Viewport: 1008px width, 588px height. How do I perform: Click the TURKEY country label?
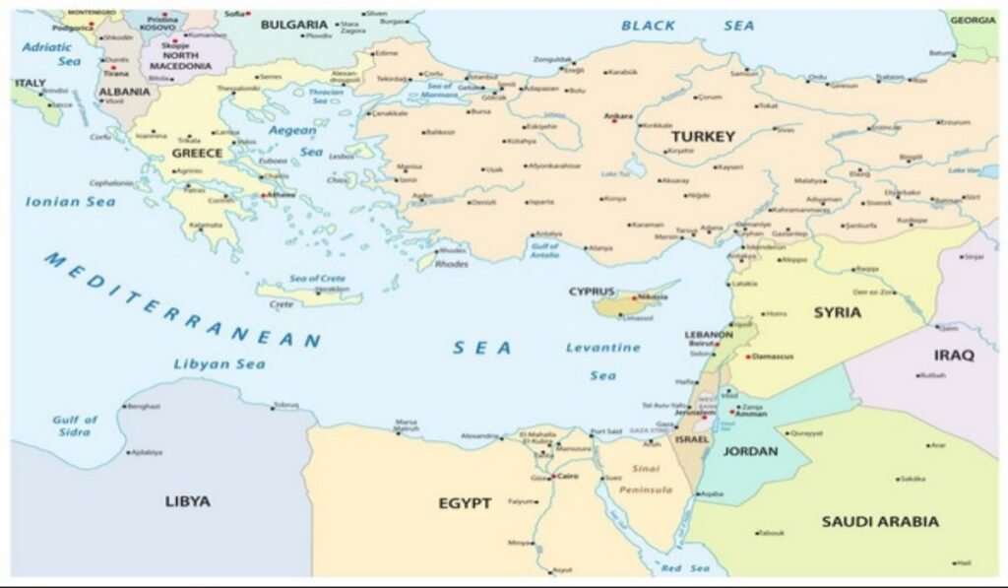click(703, 137)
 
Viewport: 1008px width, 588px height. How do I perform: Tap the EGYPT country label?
click(465, 503)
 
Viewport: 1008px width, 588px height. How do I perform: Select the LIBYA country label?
click(187, 501)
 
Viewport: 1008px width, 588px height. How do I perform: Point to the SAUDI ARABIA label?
click(880, 521)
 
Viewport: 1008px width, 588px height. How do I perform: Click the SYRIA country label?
click(838, 312)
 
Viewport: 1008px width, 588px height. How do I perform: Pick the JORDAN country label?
click(750, 451)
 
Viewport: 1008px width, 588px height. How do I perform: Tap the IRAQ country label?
click(953, 355)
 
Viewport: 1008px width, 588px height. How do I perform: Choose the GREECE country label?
click(197, 154)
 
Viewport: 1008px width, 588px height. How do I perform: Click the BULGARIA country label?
click(293, 24)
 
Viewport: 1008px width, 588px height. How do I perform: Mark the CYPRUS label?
click(592, 292)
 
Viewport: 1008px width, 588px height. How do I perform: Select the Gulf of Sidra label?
click(75, 425)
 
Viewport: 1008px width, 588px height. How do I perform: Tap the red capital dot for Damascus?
click(748, 356)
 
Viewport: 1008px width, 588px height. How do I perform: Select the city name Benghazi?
click(143, 406)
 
